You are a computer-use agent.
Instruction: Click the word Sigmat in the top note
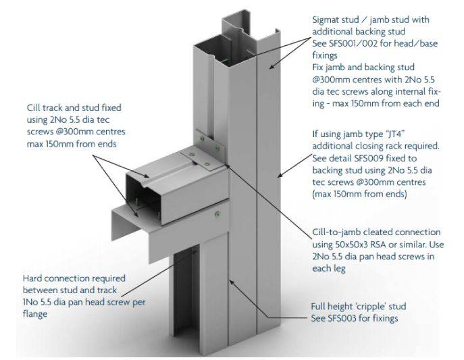(323, 20)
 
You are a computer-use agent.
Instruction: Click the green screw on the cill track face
(218, 214)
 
